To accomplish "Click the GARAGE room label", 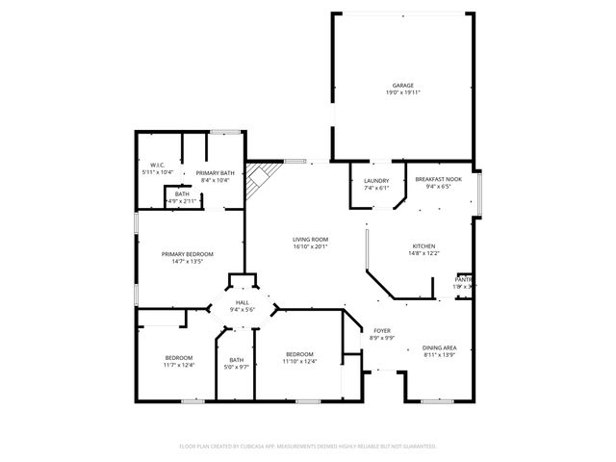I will [402, 85].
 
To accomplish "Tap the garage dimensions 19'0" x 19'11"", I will [402, 92].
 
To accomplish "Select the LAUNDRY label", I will [375, 181].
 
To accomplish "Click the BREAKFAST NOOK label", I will [438, 180].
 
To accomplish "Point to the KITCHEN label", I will [423, 245].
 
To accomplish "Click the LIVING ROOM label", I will [311, 239].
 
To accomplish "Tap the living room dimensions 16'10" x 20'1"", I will [311, 246].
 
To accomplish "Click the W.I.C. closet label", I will [158, 165].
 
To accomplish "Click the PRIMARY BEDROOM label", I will [187, 253].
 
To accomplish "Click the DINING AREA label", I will [438, 347].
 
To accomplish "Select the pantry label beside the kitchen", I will [464, 279].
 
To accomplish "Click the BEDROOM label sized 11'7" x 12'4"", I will [178, 357].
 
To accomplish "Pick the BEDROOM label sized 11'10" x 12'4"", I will [299, 354].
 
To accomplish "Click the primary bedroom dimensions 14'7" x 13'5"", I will [187, 261].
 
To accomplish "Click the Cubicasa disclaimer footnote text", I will [308, 447].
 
